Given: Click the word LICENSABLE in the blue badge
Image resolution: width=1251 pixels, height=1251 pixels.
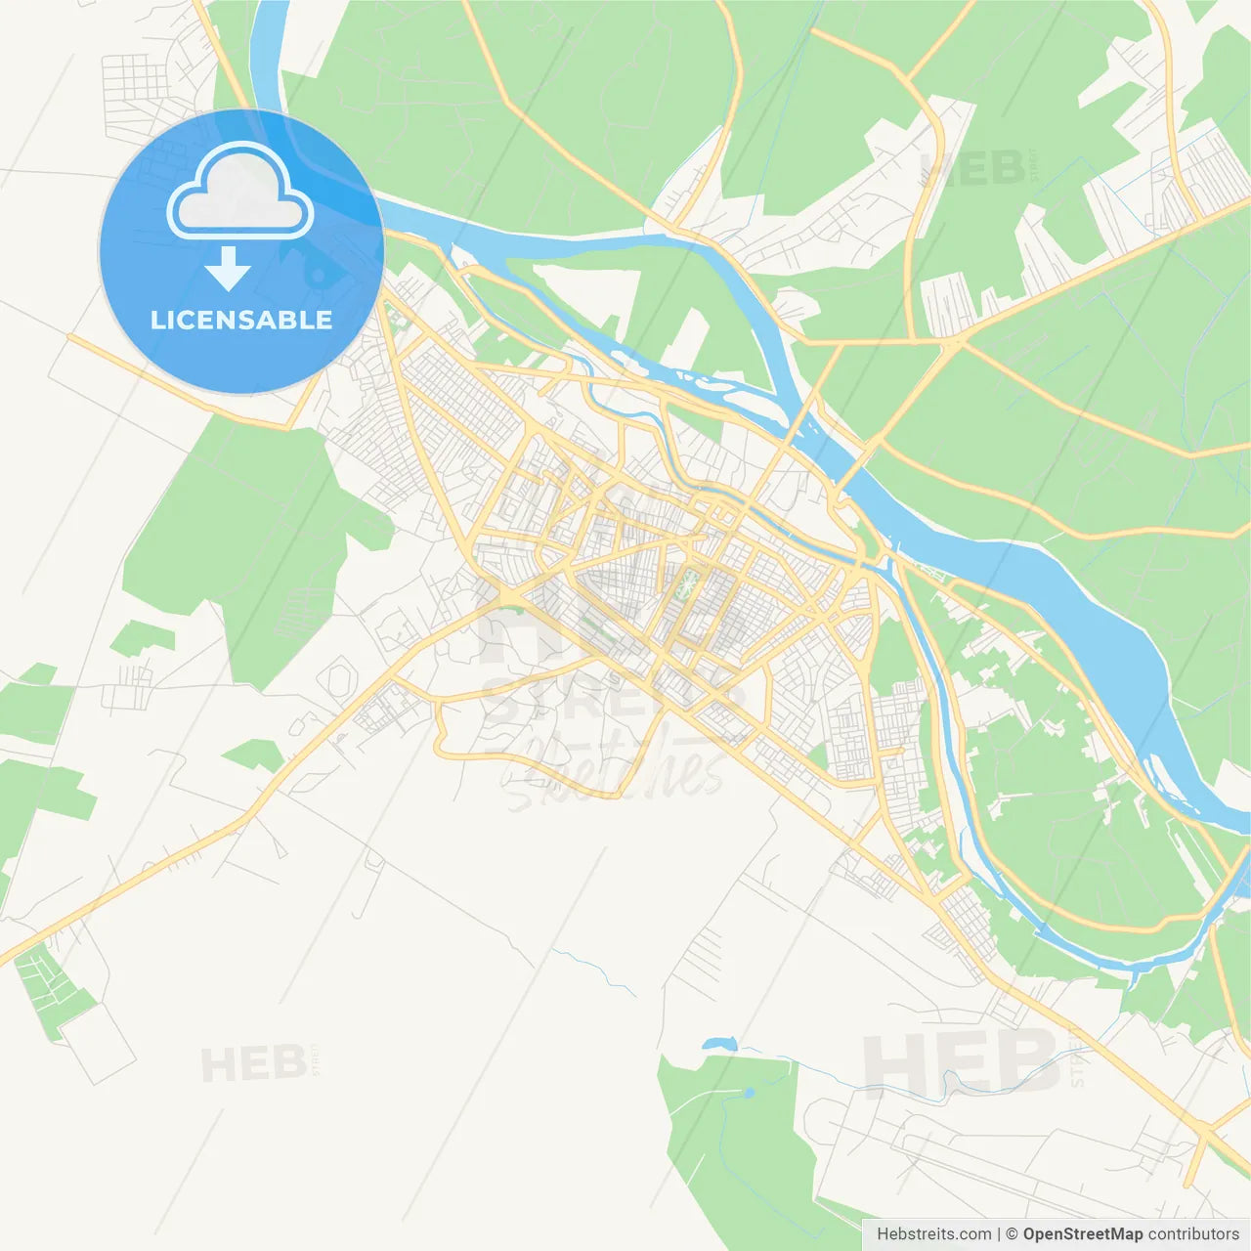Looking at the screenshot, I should coord(241,320).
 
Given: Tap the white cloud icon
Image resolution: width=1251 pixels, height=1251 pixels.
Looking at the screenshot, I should coord(240,193).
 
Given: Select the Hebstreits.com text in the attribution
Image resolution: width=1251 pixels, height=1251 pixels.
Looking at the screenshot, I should coord(933,1234).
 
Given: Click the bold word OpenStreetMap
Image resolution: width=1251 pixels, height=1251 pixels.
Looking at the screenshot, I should coord(1083,1234).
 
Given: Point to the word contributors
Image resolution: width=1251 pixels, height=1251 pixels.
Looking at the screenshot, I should coord(1193,1234).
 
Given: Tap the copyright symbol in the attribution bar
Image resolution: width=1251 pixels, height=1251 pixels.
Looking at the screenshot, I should coord(1012,1234).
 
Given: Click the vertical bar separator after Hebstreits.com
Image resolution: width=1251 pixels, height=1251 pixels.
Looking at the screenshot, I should coord(999,1234).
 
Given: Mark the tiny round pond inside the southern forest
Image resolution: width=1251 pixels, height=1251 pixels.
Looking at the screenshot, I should coord(750,1092).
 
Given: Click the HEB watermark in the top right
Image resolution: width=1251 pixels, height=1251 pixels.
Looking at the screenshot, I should coord(972,168).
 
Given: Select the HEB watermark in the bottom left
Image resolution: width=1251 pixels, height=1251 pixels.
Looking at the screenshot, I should coord(253,1064).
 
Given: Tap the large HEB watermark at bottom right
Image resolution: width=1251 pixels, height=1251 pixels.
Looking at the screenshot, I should coord(961,1063).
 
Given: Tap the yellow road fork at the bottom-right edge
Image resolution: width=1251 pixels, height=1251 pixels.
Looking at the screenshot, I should coord(1208,1134).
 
